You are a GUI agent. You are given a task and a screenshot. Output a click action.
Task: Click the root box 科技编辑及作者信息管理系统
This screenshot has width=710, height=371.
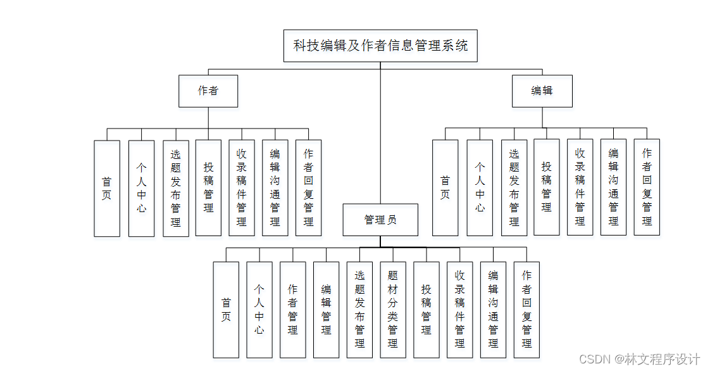coord(380,46)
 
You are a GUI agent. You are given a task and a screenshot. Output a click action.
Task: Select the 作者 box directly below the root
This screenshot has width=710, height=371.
coord(208,91)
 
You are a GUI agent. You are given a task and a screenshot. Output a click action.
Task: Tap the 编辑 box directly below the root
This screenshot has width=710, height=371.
coord(542,91)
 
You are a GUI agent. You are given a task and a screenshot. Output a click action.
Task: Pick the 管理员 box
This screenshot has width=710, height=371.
coord(380,220)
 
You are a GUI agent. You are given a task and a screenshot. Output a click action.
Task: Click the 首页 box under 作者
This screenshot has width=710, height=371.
coord(107,188)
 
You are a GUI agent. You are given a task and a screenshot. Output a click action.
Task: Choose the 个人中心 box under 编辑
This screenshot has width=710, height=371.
coord(480,187)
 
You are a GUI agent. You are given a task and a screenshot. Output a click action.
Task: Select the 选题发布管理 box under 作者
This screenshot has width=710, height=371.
coord(175,188)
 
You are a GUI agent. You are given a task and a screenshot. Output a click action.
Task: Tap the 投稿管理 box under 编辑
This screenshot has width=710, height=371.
coord(547,187)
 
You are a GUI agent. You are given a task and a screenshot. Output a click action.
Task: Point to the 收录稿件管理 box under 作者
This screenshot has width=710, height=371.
coord(241,188)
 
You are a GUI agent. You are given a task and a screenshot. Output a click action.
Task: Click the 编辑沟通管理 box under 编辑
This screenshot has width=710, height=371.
coord(613,187)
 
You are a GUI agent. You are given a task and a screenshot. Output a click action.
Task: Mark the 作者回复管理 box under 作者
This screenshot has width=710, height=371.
coord(308,188)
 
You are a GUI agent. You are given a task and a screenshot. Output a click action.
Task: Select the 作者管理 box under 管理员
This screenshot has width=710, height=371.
coord(292,310)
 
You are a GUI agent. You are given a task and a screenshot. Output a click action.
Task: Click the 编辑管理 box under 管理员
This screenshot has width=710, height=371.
coord(326,310)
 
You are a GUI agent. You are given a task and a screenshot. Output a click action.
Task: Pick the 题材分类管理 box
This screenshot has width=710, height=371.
coord(392,310)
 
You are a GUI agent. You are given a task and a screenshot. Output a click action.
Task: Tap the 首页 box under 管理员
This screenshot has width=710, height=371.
coord(226,310)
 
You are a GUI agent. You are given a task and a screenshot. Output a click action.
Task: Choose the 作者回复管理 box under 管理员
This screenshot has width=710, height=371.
coord(526,310)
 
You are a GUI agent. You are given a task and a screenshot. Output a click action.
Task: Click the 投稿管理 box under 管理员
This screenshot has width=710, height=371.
coord(426,310)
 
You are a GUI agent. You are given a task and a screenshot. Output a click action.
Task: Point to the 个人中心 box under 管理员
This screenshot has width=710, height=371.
coord(259,310)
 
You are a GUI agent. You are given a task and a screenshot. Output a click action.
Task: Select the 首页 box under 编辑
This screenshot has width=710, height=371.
coord(445,187)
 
